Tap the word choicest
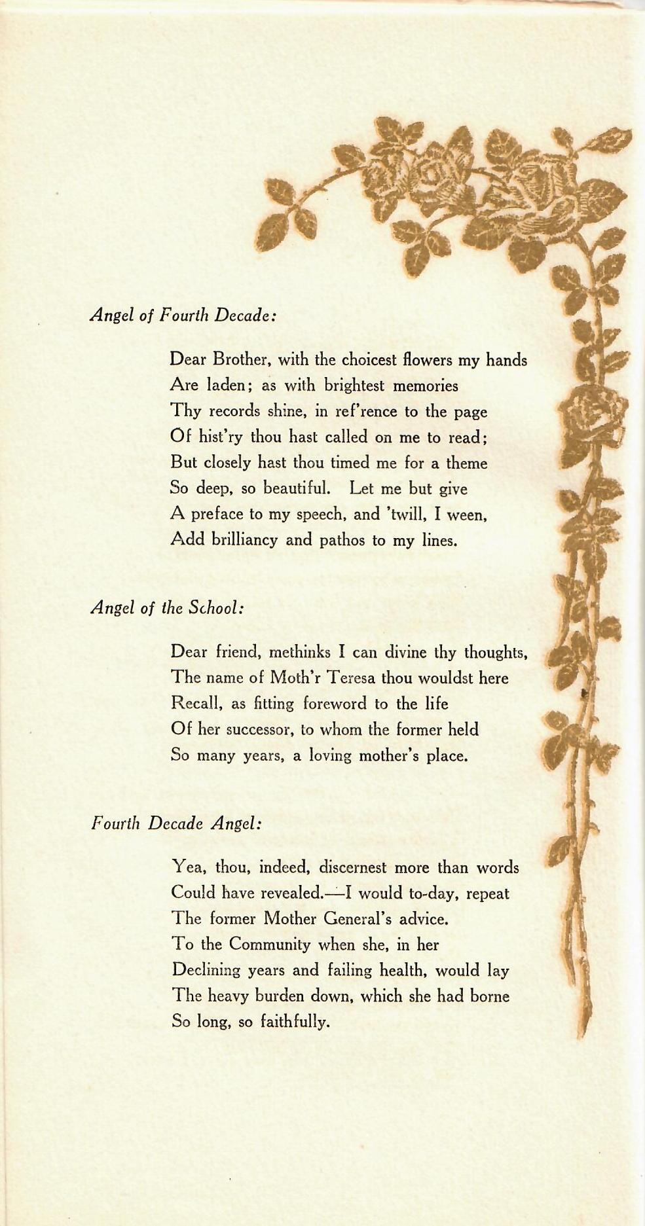(367, 359)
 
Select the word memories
(425, 386)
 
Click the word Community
(269, 945)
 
